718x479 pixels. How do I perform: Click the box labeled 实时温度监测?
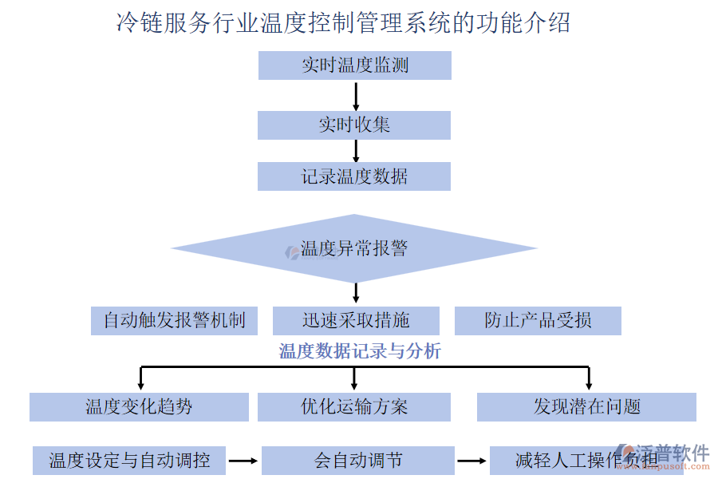point(355,65)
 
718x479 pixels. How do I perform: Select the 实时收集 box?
point(354,125)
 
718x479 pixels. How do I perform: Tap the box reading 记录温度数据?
point(354,176)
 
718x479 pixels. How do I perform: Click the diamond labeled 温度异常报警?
point(354,248)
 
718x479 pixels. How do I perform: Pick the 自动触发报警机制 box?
point(174,321)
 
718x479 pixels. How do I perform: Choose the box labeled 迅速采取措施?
point(356,321)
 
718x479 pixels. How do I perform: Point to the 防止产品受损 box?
point(538,321)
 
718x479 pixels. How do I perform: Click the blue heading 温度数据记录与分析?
point(360,351)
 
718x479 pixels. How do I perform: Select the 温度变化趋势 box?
point(140,407)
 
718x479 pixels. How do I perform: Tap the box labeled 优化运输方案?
point(354,407)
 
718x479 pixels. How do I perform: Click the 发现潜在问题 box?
point(586,407)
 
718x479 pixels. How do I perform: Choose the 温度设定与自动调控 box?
point(129,461)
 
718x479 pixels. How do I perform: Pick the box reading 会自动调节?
point(358,461)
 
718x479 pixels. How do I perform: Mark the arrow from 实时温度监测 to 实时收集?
point(356,95)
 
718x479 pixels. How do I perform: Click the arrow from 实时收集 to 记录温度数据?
point(356,151)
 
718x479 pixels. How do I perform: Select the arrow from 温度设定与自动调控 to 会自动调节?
point(243,461)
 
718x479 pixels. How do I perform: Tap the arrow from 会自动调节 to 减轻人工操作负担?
point(471,461)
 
